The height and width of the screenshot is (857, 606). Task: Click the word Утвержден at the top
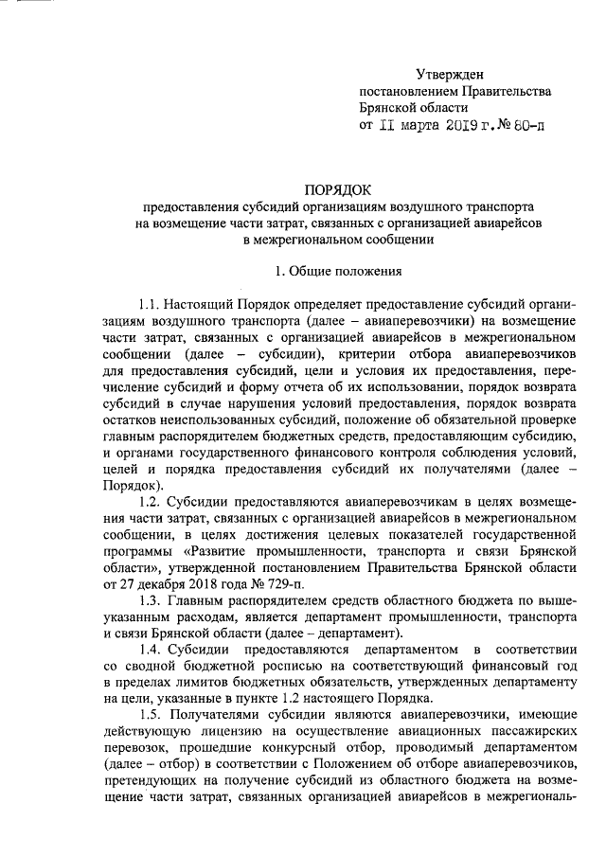pos(451,74)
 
